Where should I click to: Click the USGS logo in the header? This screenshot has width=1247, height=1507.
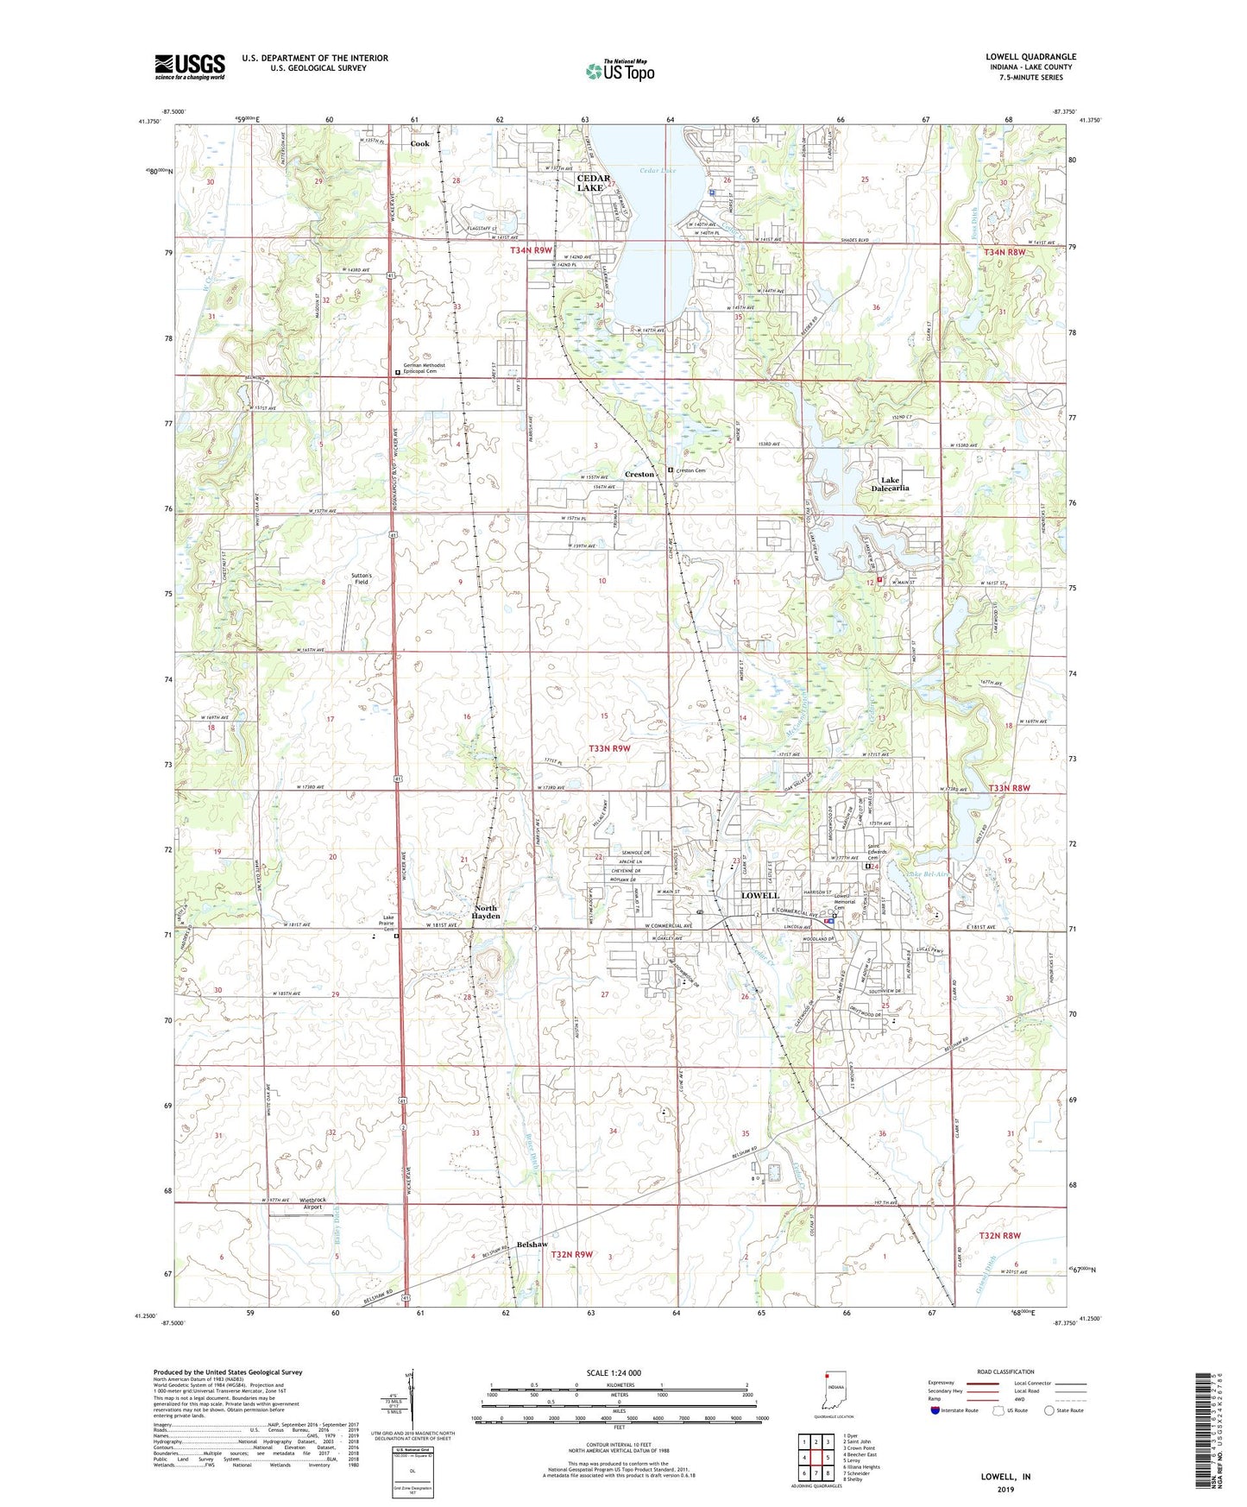(190, 66)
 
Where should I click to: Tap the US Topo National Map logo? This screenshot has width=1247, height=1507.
(620, 71)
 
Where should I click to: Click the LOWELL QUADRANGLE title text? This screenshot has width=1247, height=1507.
(1030, 57)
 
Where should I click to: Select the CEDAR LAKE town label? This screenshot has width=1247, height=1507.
(593, 183)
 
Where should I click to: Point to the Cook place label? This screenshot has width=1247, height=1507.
(419, 144)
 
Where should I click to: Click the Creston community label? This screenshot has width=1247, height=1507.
(639, 475)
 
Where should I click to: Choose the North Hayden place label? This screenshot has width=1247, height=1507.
(487, 912)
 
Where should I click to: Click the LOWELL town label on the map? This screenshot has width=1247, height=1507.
(759, 896)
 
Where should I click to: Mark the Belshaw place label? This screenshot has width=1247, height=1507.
(532, 1244)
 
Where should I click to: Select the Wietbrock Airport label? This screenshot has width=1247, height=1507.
(312, 1203)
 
